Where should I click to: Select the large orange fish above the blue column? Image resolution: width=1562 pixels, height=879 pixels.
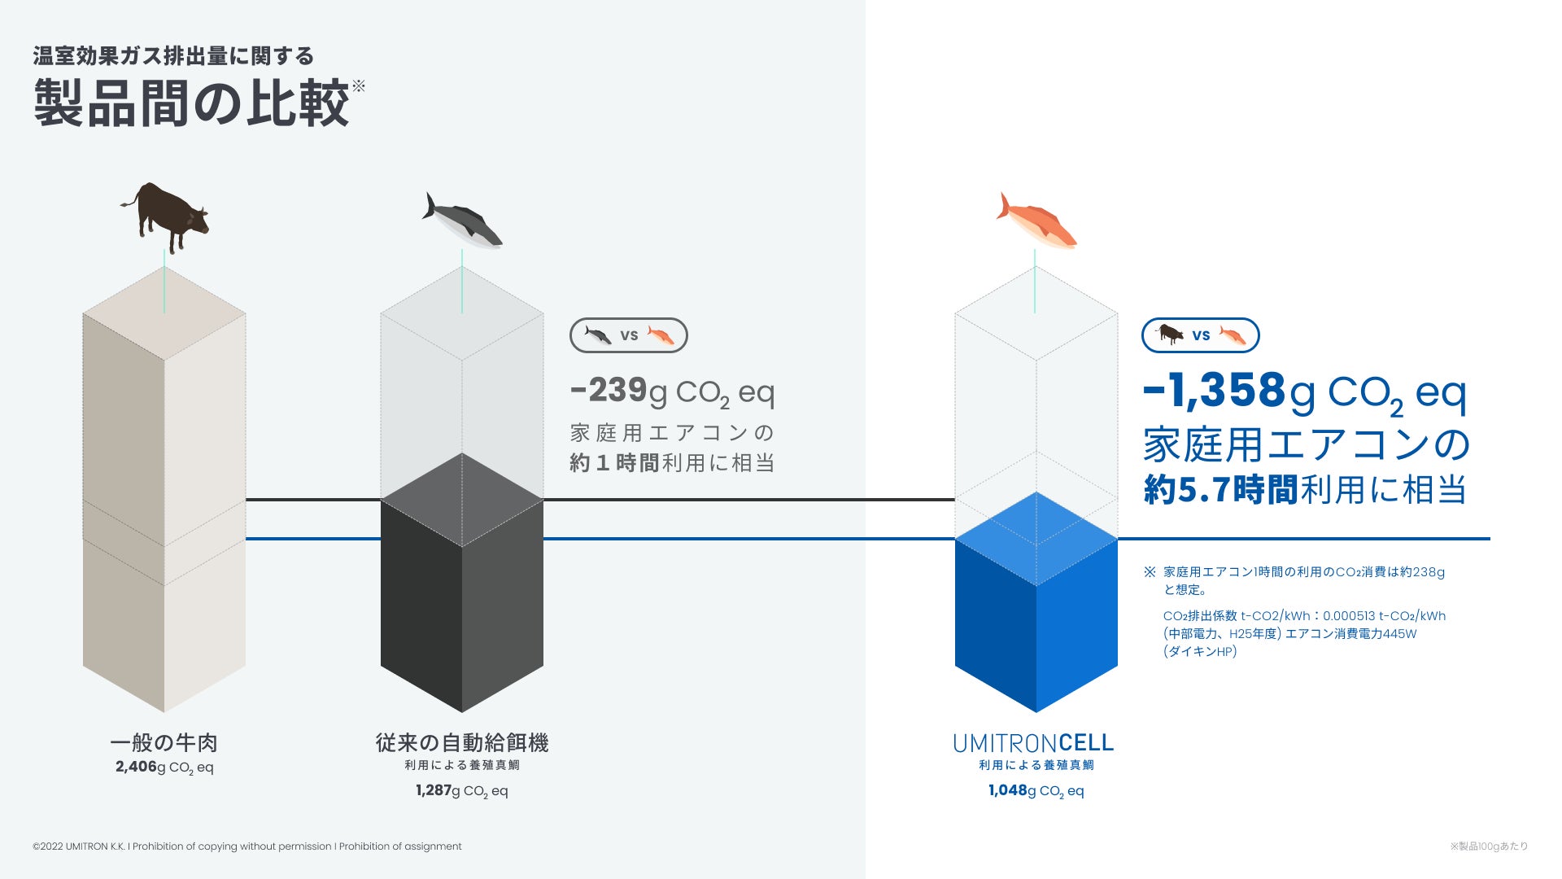1036,221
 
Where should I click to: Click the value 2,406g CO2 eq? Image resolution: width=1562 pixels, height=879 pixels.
164,767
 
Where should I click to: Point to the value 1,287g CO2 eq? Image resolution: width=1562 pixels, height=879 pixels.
461,790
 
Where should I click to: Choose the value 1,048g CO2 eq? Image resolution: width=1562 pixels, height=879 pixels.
1036,790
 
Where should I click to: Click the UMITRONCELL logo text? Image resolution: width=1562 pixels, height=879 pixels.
1033,743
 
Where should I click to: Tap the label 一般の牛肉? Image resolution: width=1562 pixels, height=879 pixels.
164,742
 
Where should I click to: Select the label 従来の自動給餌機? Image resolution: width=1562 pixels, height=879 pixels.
461,742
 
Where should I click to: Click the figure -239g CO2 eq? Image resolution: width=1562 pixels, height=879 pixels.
672,391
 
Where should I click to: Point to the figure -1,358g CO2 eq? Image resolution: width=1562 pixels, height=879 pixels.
1304,392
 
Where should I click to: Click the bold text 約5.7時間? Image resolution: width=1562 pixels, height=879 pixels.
1220,490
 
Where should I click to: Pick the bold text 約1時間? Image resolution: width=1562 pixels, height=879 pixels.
614,463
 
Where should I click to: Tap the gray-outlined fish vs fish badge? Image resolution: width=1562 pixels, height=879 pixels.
629,335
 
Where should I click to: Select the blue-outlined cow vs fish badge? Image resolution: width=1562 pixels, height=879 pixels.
1201,335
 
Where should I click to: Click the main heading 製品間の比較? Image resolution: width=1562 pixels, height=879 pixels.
192,103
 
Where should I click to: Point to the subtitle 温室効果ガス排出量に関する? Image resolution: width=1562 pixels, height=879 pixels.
173,56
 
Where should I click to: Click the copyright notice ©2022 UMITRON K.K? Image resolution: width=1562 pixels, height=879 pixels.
247,846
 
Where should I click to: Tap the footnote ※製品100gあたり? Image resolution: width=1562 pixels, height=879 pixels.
1488,846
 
